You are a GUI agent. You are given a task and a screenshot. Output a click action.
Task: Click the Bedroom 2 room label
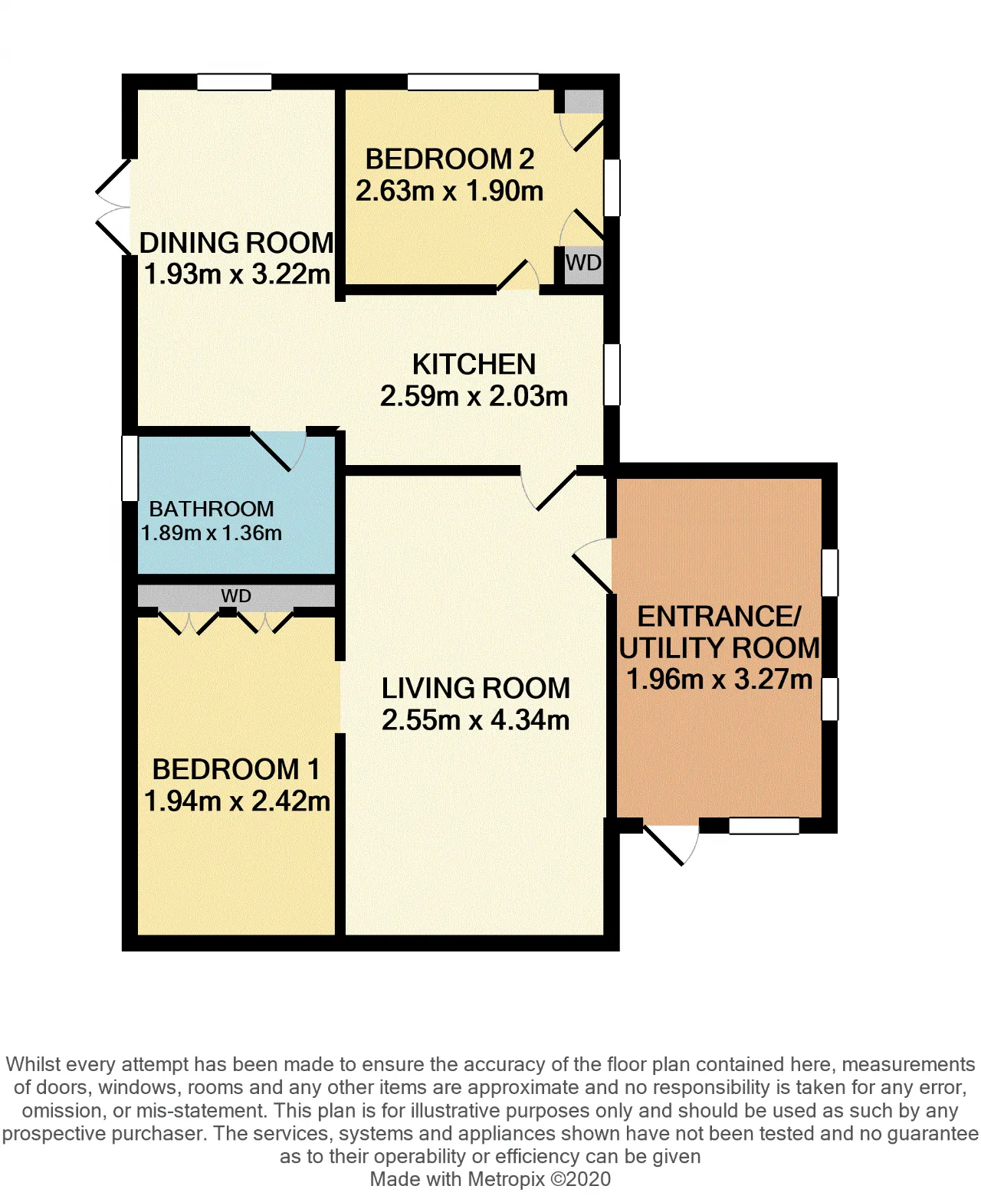coord(449,159)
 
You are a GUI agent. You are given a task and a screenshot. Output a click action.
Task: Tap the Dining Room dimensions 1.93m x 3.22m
coord(237,274)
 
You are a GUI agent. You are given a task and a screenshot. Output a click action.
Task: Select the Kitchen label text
coord(474,365)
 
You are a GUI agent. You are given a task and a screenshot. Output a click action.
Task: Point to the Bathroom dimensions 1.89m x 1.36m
coord(211,532)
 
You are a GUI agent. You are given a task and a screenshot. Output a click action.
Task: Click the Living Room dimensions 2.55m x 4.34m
coord(475,719)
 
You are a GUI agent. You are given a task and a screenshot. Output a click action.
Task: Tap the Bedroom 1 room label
coord(235,769)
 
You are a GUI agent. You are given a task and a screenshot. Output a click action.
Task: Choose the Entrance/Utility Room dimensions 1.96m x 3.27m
coord(720,679)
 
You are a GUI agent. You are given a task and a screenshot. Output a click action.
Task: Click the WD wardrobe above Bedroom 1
coord(236,596)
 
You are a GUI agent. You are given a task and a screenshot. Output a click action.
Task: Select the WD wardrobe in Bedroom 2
coord(583,264)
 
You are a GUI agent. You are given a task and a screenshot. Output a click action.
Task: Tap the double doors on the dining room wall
coord(113,206)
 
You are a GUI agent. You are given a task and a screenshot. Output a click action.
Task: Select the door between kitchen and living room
coord(549,490)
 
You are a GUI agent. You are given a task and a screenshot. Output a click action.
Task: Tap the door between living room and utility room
coord(592,565)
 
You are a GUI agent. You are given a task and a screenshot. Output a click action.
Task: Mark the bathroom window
coord(130,468)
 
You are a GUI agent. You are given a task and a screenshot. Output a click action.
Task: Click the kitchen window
coord(612,375)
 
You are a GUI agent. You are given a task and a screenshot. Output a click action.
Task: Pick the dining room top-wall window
coord(235,82)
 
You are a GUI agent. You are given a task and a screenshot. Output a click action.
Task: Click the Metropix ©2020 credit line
coord(490,1178)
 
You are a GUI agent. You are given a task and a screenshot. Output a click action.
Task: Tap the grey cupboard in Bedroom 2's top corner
coord(583,102)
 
